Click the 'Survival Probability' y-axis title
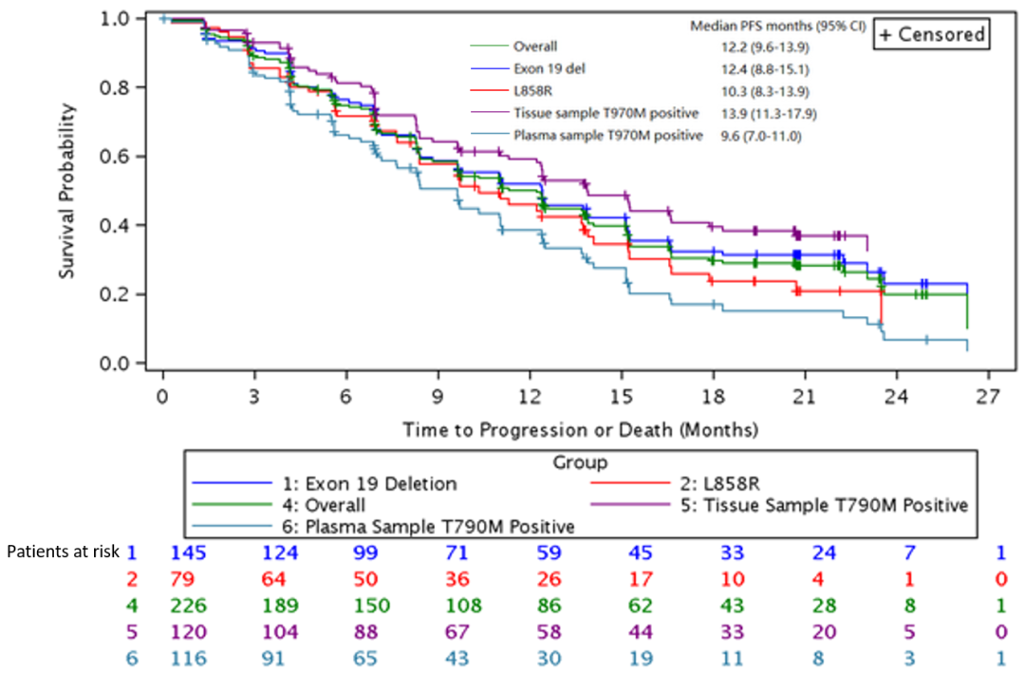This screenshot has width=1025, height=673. coord(67,190)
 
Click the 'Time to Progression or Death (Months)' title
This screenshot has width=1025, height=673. coord(580,430)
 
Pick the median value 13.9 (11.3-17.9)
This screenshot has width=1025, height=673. coord(769,114)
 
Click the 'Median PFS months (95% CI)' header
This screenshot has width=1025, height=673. coord(777,26)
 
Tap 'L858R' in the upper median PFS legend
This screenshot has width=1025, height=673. coord(533,91)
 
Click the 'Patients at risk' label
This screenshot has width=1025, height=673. coord(59,551)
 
